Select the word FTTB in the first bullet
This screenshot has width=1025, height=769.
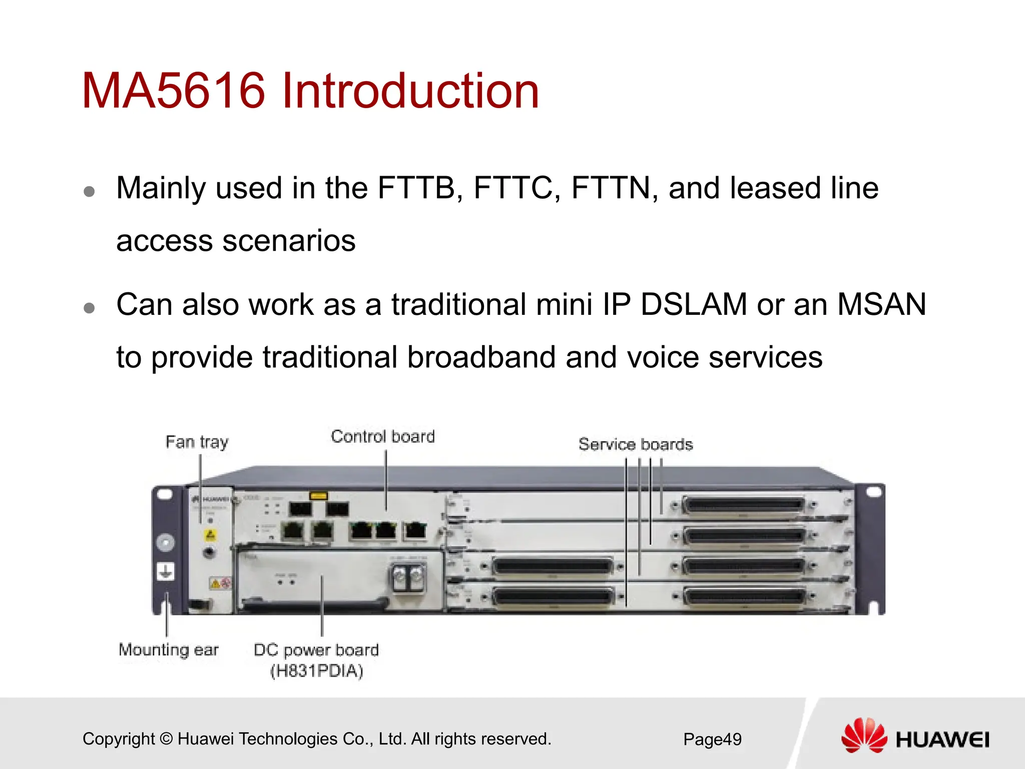(416, 188)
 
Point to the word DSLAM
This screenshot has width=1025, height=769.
(694, 304)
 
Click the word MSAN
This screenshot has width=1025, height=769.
(882, 304)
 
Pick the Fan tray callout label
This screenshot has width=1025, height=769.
(197, 442)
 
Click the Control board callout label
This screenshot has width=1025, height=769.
(383, 437)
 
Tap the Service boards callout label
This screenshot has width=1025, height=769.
(636, 445)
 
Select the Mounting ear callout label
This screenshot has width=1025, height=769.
(169, 650)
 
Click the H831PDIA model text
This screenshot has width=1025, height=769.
(317, 671)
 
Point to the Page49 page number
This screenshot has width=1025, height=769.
(712, 739)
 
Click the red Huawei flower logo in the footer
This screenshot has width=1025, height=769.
(864, 735)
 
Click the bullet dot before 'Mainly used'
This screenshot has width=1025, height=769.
(90, 191)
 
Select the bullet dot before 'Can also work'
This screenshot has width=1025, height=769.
(90, 307)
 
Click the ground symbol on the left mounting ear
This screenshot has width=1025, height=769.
(166, 571)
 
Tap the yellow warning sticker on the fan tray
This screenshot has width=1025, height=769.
(211, 535)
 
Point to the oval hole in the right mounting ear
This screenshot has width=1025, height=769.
(873, 492)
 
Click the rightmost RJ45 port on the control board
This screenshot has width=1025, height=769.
(415, 530)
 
